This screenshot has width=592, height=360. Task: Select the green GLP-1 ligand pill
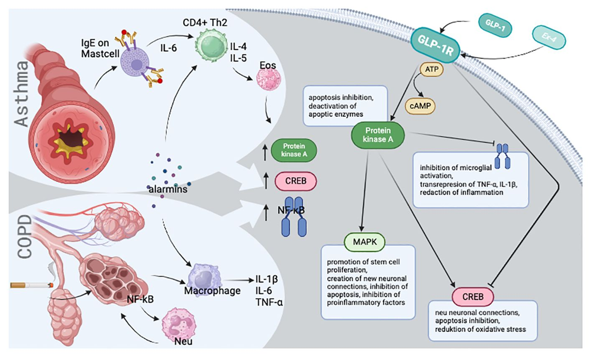[x=494, y=25]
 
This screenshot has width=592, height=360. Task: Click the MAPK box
[x=364, y=242]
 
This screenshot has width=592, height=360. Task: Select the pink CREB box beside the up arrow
[x=295, y=181]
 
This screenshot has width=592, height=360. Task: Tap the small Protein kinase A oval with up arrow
[x=295, y=150]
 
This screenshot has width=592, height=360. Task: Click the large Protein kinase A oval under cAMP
[x=378, y=135]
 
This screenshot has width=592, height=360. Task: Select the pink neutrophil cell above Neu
[x=178, y=321]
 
